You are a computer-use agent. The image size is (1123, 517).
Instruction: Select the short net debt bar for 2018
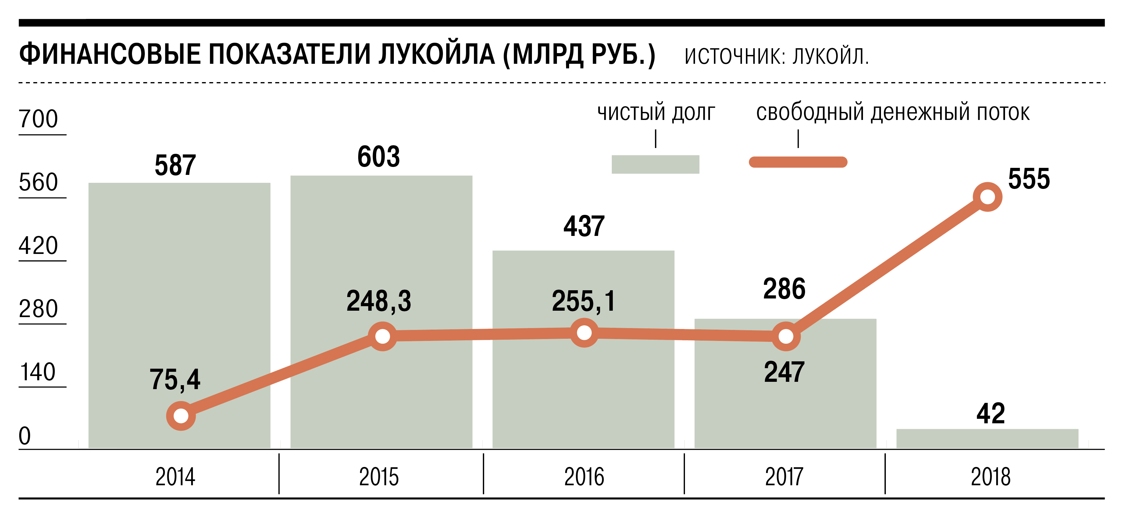point(987,439)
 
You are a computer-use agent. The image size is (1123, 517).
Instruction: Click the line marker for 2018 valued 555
point(987,197)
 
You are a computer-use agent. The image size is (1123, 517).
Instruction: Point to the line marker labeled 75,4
point(181,416)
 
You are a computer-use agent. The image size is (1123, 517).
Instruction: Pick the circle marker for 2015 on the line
point(382,336)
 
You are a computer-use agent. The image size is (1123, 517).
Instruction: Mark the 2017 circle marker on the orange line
point(786,336)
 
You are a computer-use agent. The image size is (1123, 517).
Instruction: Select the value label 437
point(584,226)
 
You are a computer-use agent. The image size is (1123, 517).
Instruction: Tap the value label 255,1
point(584,301)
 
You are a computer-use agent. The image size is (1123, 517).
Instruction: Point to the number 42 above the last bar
point(990,414)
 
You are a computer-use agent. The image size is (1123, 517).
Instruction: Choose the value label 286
point(784,289)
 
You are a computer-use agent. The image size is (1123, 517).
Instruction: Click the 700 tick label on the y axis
point(38,119)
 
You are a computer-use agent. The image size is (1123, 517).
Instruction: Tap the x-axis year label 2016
point(584,477)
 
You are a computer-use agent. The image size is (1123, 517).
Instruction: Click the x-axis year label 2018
point(990,477)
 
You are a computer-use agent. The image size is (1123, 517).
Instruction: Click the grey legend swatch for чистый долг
point(655,164)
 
